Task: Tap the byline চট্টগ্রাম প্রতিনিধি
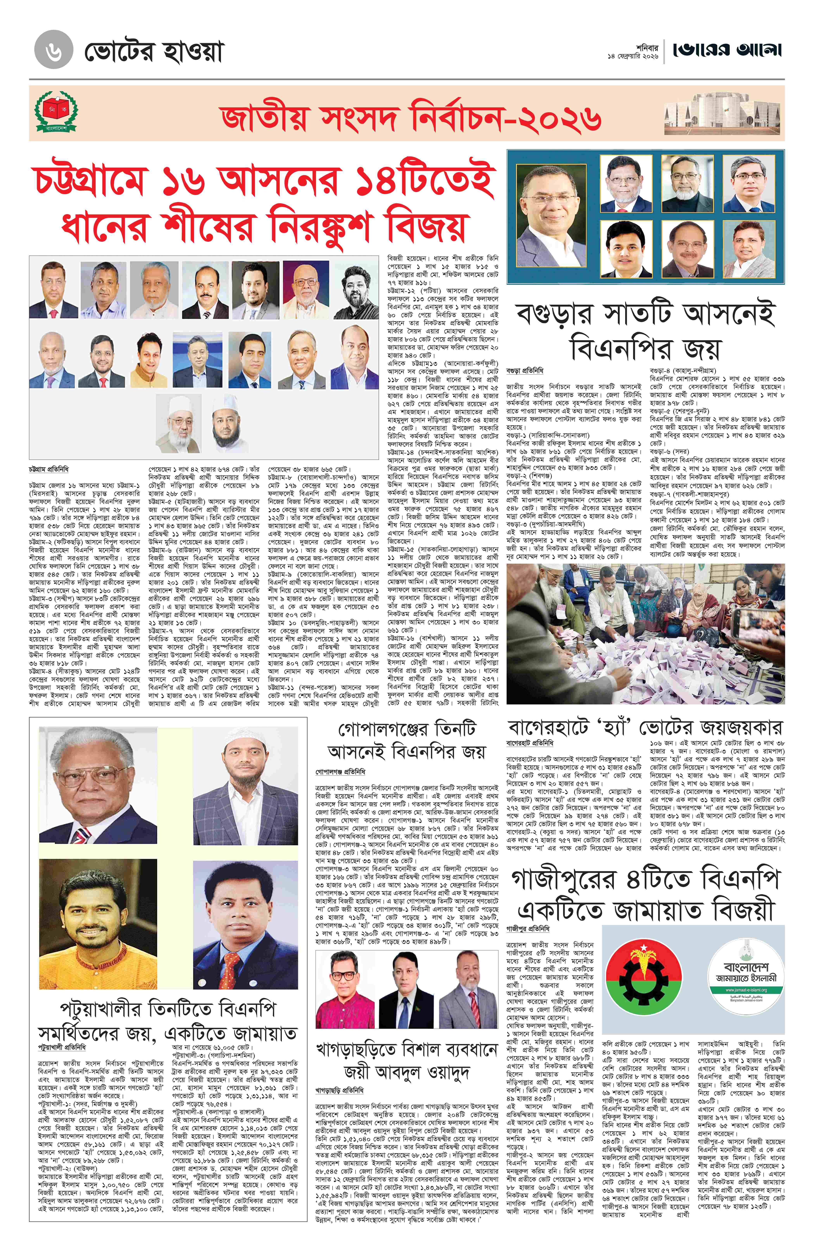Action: point(49,468)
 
